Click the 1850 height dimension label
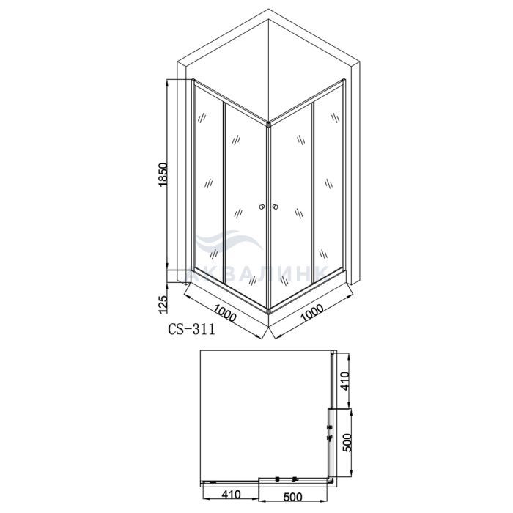pos(163,174)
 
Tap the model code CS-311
pos(192,329)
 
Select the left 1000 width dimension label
pos(225,313)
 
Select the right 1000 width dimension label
pos(311,313)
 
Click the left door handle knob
pos(262,207)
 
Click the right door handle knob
pos(276,207)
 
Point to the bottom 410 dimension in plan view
pos(231,495)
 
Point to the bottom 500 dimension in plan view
pos(293,497)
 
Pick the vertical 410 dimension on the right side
pos(344,381)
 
